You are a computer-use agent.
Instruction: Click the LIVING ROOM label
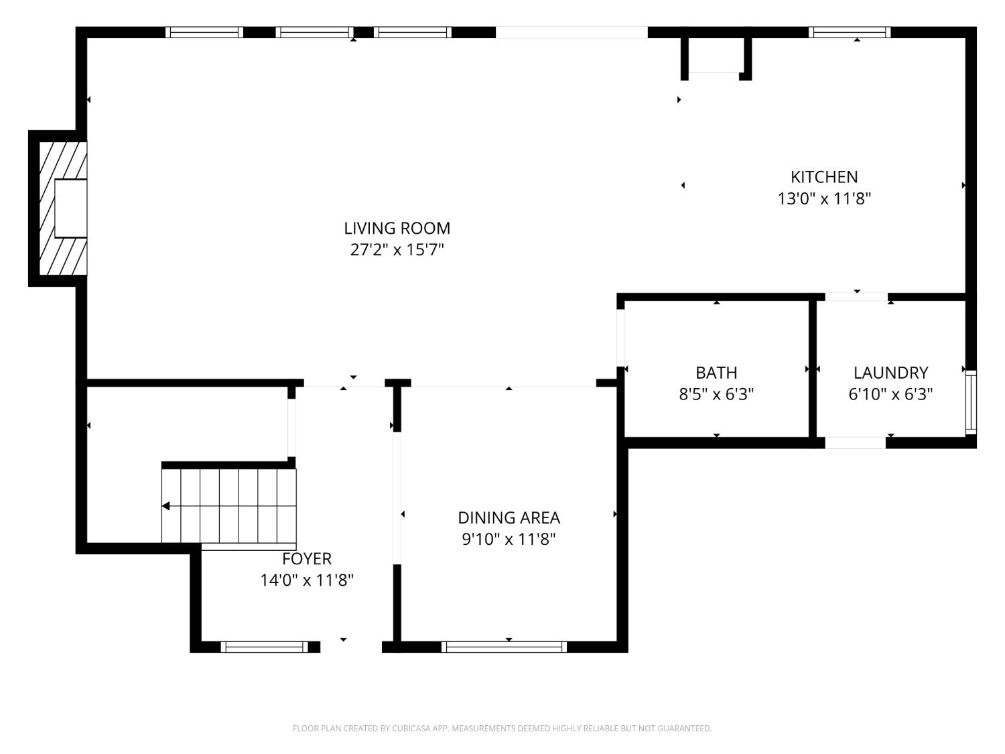[x=397, y=228]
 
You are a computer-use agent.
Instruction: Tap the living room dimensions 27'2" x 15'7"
[x=397, y=250]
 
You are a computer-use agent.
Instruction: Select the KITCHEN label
[x=824, y=177]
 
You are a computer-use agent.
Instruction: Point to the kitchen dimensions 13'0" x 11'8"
[x=824, y=198]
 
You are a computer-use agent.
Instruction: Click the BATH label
[x=716, y=373]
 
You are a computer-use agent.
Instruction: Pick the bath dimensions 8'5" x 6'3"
[x=716, y=393]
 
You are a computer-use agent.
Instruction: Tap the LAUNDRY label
[x=891, y=373]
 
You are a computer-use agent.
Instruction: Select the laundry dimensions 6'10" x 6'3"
[x=891, y=393]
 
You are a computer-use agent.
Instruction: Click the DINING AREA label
[x=509, y=518]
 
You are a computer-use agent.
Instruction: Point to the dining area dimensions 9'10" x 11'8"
[x=509, y=540]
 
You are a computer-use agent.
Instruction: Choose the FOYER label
[x=307, y=558]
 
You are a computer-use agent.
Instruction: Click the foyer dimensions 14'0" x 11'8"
[x=307, y=580]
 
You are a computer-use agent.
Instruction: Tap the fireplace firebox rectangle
[x=70, y=208]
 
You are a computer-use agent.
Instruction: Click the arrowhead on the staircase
[x=165, y=506]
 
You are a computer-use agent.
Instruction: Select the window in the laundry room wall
[x=971, y=402]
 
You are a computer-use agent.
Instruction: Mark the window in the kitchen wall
[x=850, y=32]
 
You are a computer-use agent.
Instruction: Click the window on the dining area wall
[x=504, y=646]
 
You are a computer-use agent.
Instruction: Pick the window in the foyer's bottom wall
[x=265, y=646]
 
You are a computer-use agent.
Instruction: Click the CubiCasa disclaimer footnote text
[x=503, y=728]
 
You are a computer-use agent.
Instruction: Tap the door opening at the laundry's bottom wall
[x=856, y=443]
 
